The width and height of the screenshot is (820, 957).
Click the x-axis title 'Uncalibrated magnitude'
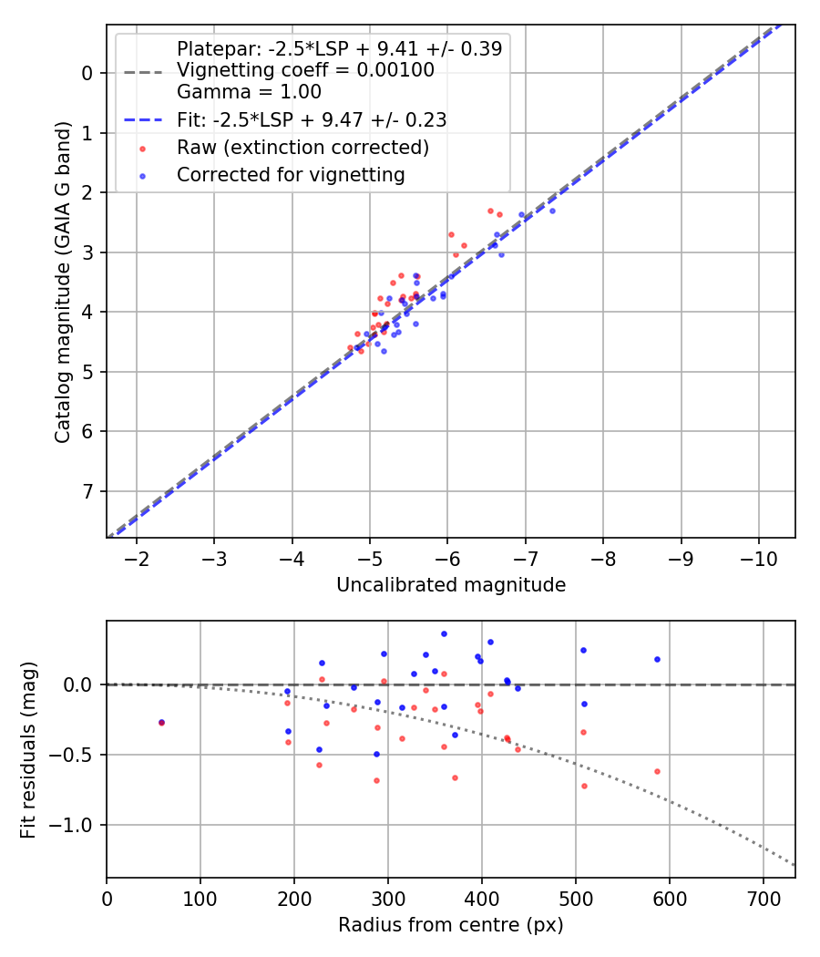[451, 585]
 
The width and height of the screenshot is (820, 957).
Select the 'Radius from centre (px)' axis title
[451, 925]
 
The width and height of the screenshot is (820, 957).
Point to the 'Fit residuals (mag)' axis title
[28, 749]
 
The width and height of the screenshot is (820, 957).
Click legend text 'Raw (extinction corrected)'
[302, 148]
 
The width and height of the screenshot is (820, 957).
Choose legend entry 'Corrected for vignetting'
[291, 175]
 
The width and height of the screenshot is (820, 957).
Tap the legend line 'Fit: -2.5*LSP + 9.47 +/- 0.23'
[311, 119]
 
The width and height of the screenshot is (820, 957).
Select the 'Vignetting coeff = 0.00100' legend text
[305, 70]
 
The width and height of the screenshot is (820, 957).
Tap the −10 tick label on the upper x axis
[757, 558]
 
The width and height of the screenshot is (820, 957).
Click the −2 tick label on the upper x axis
[137, 558]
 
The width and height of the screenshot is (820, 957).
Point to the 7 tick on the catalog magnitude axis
[88, 492]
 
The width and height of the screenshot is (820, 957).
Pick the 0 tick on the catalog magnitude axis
[88, 73]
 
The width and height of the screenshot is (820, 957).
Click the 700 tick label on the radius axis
[764, 898]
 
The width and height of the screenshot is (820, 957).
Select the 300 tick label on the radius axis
[388, 898]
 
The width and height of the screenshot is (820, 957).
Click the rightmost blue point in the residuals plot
[657, 659]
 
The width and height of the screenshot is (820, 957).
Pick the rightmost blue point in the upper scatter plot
[552, 211]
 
